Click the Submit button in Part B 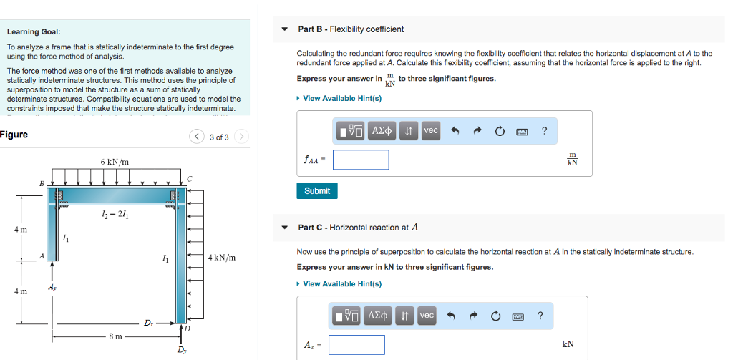tap(317, 191)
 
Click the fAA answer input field tap(361, 160)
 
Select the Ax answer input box tap(356, 345)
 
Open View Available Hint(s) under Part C tap(339, 284)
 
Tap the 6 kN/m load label tap(115, 162)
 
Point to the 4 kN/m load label tap(222, 258)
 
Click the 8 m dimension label tap(115, 335)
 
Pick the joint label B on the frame tap(42, 184)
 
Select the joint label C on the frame tap(189, 179)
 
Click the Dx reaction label tap(148, 323)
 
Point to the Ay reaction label tap(52, 286)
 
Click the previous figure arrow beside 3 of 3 tap(197, 137)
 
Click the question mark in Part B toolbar tap(544, 130)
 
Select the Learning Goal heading tap(34, 32)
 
